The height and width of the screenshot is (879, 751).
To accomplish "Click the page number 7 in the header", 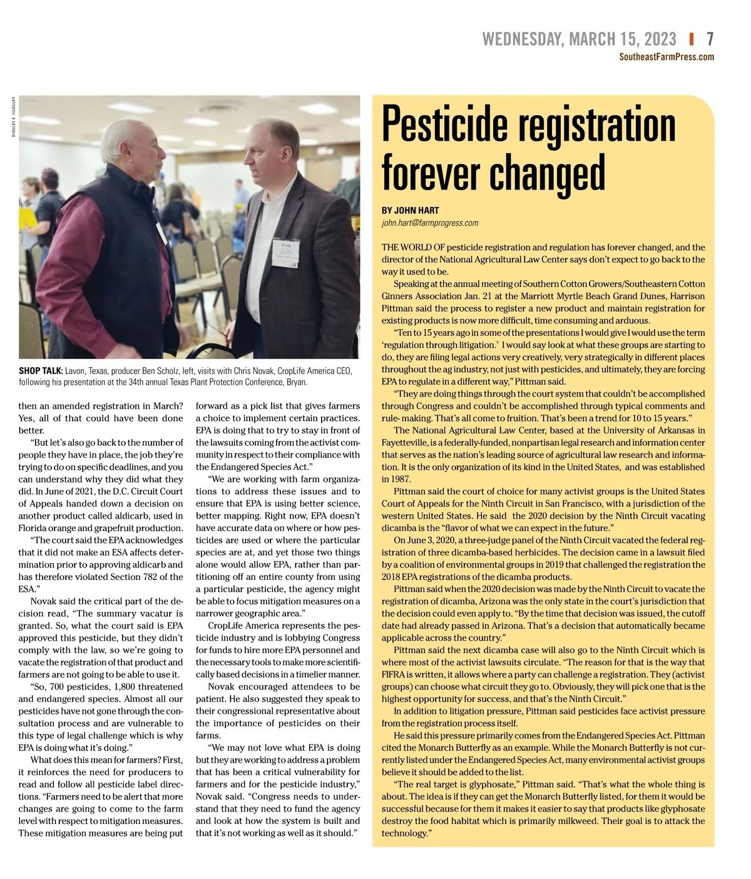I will coord(710,39).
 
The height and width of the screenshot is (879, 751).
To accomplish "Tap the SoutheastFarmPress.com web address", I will coord(667,57).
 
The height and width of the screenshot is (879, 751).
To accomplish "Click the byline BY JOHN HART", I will coord(410,211).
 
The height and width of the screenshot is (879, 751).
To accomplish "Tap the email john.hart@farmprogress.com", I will coord(430,223).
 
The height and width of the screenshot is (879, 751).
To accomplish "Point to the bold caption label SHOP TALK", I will coord(40,371).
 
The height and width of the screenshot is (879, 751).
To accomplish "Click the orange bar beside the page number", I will coord(691,39).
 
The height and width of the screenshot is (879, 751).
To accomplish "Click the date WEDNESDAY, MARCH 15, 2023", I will coord(579,39).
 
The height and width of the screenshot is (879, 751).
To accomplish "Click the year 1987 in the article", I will coord(394,479).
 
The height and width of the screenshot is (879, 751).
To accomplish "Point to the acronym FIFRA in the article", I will coord(394,674).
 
